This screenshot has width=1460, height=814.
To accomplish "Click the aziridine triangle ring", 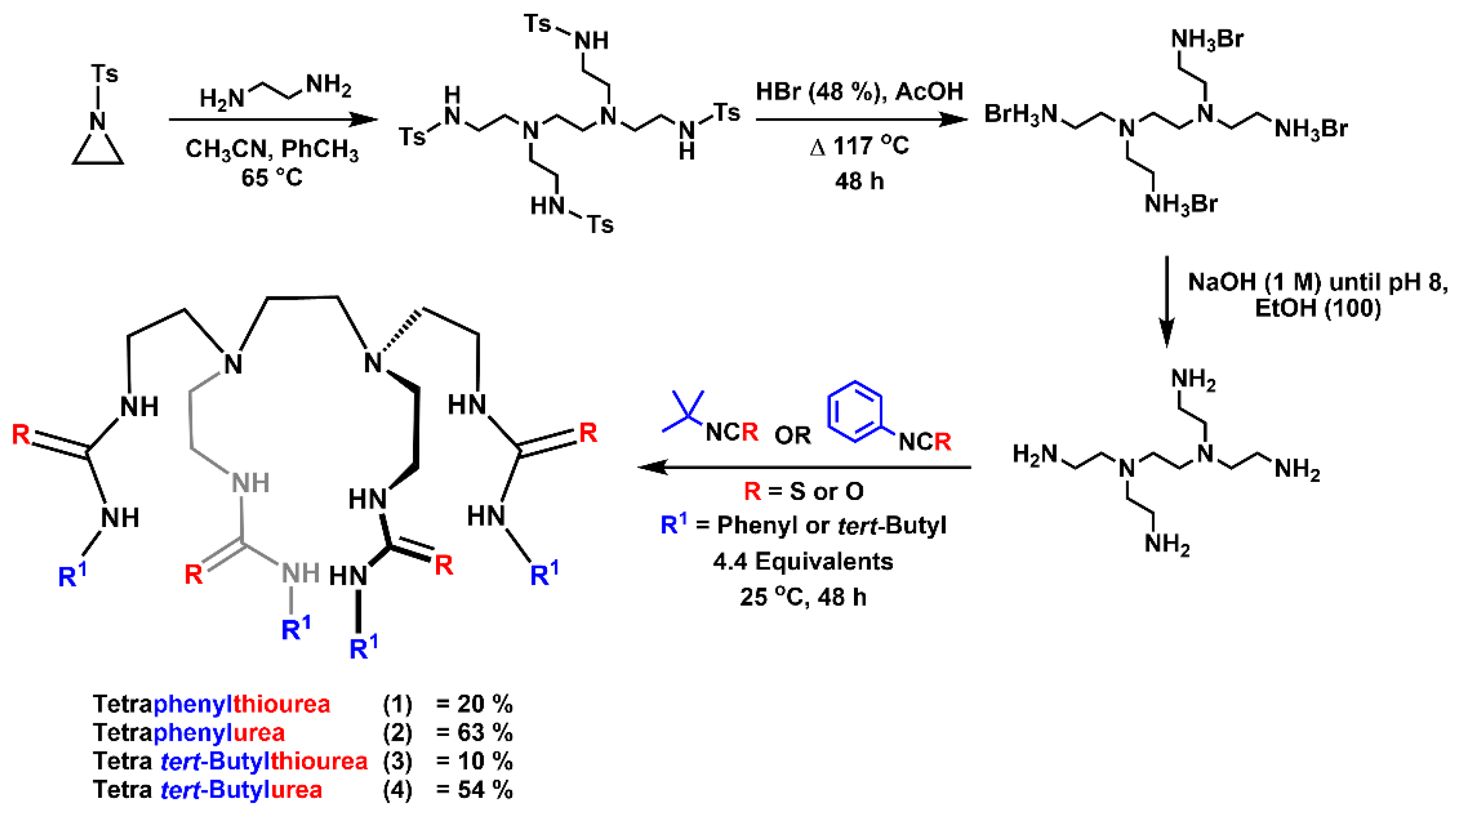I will click(98, 150).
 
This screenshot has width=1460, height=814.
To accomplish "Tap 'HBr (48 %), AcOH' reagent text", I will click(859, 92).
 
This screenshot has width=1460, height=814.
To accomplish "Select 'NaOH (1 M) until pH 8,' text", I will click(1317, 282).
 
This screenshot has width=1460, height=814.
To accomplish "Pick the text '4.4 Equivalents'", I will click(802, 561).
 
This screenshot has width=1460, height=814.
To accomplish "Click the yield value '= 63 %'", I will click(474, 733).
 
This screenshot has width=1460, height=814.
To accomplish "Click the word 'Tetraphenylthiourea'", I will click(211, 704).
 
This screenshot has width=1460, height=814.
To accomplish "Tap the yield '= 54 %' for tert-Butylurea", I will click(474, 789).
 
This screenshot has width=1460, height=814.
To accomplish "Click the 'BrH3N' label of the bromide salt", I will click(1020, 114).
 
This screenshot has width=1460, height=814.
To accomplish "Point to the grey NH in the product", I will click(250, 483).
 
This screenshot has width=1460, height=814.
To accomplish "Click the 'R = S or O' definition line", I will click(804, 491).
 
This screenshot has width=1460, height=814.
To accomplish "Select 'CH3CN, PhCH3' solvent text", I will click(272, 149).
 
